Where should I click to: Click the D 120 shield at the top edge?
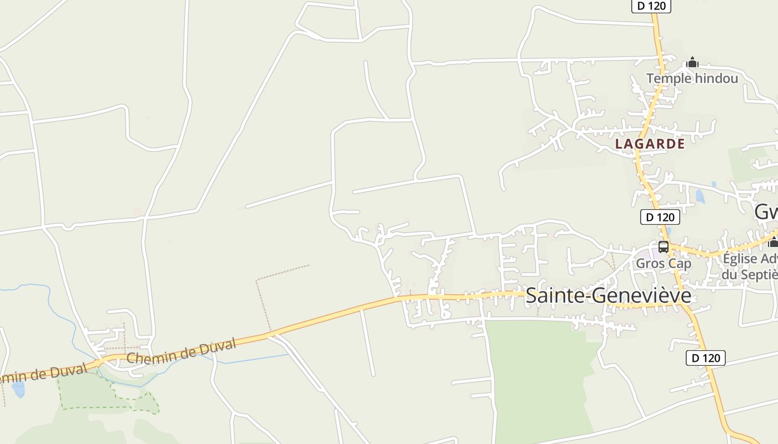click(x=651, y=6)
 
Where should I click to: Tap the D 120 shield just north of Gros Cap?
click(x=660, y=217)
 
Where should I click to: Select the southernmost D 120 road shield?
click(x=706, y=358)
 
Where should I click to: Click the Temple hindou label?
click(x=692, y=78)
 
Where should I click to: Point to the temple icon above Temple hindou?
click(x=692, y=62)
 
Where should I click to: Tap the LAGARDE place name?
click(x=650, y=144)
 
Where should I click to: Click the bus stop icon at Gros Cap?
click(x=664, y=246)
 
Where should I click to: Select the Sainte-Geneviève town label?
click(x=608, y=295)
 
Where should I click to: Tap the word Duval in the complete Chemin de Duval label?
click(x=217, y=347)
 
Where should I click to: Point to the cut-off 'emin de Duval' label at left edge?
click(x=42, y=375)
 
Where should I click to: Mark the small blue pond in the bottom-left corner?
click(x=18, y=390)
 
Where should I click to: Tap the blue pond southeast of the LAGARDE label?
click(x=700, y=196)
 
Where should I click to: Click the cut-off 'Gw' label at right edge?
click(x=766, y=212)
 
